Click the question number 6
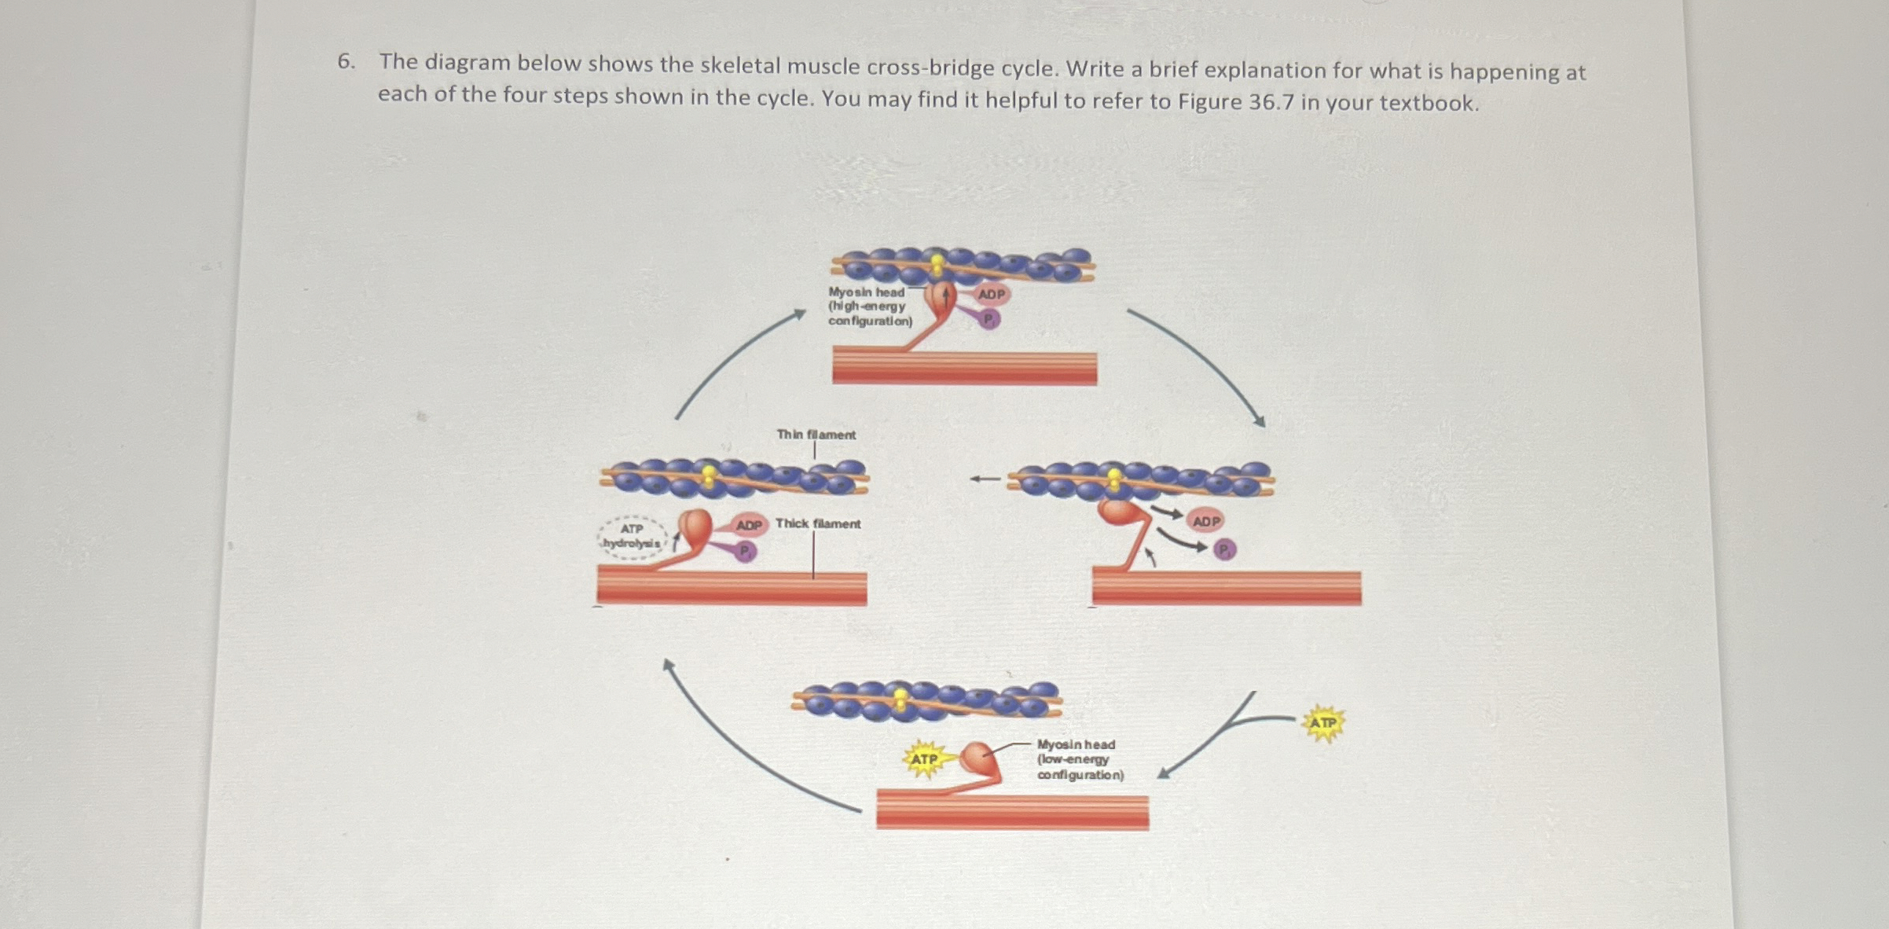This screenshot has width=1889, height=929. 345,61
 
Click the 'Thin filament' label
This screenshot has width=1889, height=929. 816,434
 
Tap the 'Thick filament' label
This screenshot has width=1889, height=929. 817,523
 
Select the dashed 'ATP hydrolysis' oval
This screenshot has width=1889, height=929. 633,537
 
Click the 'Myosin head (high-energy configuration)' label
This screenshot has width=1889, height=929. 870,307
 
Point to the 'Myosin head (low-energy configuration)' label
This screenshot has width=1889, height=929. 1080,759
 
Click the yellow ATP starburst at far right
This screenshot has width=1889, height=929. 1323,723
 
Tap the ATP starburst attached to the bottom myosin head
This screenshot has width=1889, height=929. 923,759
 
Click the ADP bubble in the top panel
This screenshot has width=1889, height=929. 992,294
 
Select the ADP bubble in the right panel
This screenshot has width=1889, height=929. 1206,521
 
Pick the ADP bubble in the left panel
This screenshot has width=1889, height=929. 749,524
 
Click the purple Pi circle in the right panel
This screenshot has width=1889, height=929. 1224,549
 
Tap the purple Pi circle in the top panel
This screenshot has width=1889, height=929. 989,318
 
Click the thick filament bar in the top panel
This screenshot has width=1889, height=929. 964,368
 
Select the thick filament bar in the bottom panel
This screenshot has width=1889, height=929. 1012,812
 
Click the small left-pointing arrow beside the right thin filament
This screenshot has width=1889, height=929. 985,478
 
